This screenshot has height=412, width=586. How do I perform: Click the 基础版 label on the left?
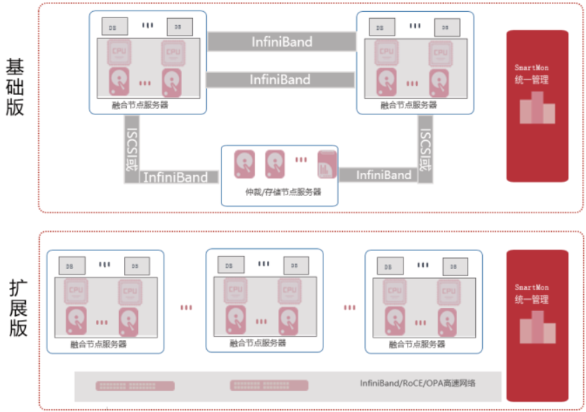click(x=15, y=87)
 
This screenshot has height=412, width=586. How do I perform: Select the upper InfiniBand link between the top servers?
click(x=282, y=42)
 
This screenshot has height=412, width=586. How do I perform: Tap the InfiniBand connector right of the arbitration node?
click(x=383, y=175)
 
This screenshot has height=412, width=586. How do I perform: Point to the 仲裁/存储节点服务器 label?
click(x=279, y=192)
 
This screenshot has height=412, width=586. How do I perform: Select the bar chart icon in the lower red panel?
click(x=537, y=328)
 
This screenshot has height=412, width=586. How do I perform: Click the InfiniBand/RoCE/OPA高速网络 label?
click(x=418, y=383)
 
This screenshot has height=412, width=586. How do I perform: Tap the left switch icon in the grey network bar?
click(x=117, y=386)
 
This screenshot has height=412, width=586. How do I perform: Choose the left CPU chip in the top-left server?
click(x=118, y=52)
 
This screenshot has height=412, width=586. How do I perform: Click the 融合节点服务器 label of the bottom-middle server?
click(x=258, y=343)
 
